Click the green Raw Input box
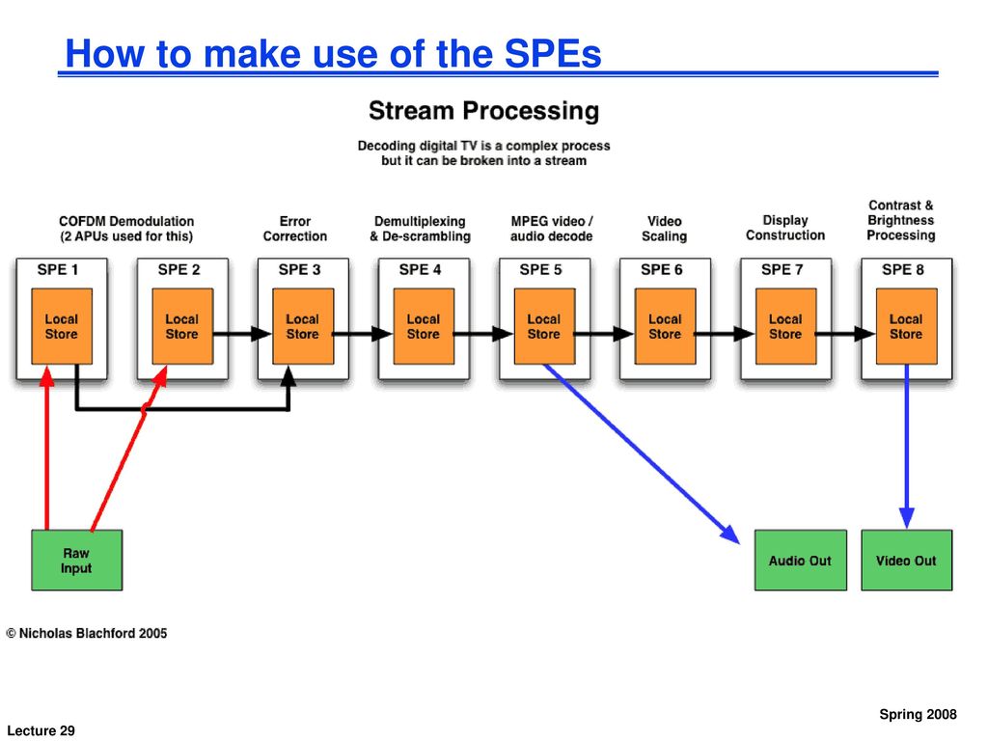tap(77, 561)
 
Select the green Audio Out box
tap(800, 561)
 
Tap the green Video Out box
tap(907, 561)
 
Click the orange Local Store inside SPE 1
tap(62, 326)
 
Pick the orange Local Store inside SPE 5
tap(544, 326)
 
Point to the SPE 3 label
tap(300, 270)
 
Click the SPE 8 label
tap(903, 270)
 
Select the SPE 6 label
tap(662, 270)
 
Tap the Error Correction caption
tap(295, 229)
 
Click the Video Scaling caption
tap(664, 229)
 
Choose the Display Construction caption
tap(785, 228)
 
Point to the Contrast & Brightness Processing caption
tap(901, 220)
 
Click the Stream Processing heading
tap(484, 110)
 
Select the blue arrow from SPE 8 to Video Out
tap(907, 446)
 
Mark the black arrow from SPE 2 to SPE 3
tap(242, 333)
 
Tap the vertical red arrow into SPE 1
tap(46, 448)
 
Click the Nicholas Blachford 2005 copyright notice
tap(87, 633)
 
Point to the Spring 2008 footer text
tap(919, 715)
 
